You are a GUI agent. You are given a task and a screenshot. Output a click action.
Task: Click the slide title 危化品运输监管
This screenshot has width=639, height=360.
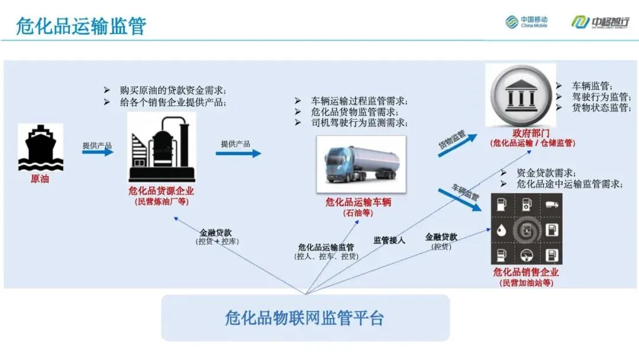pos(81,26)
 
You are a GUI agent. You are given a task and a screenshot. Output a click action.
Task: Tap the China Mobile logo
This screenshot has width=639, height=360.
pos(527,22)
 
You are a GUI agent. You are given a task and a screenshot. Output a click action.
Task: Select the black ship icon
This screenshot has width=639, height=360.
pos(40,147)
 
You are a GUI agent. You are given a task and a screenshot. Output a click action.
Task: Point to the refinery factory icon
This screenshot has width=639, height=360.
pos(162,148)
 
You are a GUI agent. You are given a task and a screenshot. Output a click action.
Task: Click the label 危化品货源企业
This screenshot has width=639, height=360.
pos(161,191)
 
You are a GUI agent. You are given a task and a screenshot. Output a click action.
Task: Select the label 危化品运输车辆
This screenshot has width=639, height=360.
pos(359,202)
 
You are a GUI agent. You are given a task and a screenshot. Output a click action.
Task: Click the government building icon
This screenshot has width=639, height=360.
pos(521,95)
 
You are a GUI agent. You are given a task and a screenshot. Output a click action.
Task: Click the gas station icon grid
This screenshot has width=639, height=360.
pos(527,229)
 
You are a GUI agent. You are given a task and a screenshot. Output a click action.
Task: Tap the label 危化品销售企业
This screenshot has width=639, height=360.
pos(526,272)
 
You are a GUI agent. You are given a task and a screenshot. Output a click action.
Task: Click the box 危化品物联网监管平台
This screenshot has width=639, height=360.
pos(305,318)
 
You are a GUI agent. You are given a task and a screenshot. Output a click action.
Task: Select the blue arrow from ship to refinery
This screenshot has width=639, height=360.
pos(97,152)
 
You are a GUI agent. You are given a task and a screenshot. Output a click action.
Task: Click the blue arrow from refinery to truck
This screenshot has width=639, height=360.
pos(238,153)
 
